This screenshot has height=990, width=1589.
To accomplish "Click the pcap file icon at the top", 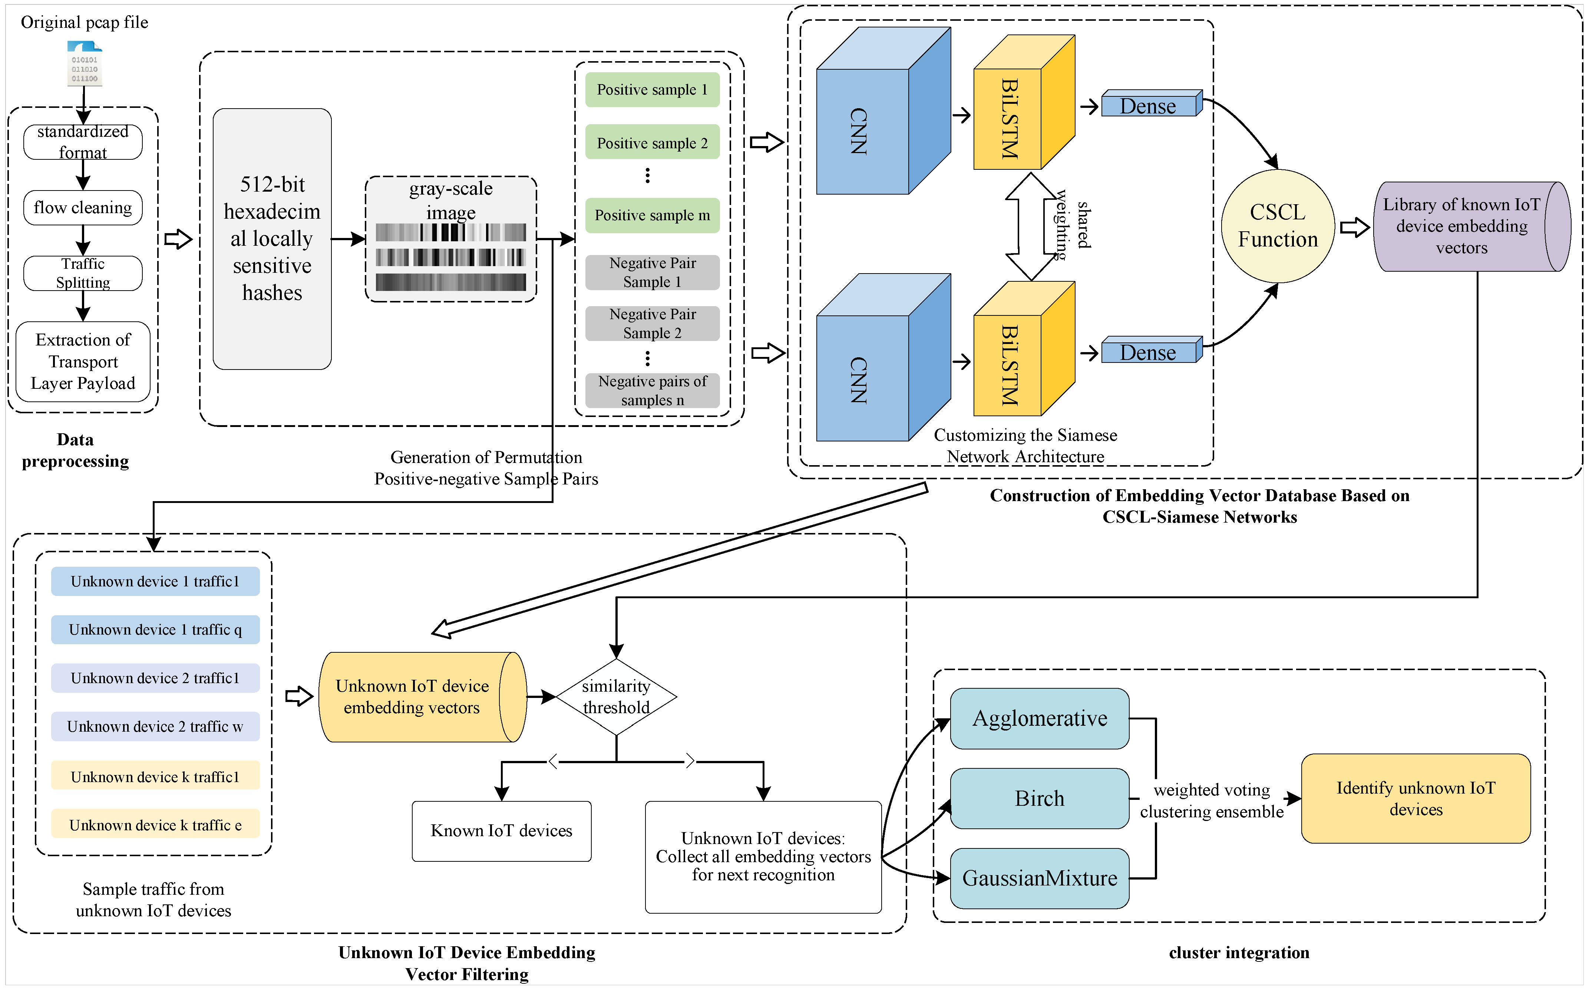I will tap(85, 63).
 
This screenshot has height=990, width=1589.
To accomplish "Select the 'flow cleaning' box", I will tap(83, 208).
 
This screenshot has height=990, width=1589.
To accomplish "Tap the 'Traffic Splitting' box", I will tap(83, 273).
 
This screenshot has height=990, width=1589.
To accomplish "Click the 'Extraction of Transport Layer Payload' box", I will tap(83, 361).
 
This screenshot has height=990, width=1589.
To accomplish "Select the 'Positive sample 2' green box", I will tap(652, 143).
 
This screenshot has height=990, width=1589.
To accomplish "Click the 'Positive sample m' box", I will tap(652, 215).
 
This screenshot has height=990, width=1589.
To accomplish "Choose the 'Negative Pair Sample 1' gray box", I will tap(652, 272).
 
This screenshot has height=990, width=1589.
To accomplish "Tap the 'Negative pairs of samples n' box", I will tap(652, 391).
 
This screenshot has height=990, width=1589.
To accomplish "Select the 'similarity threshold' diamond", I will tap(616, 697).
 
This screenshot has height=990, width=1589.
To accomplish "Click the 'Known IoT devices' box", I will tap(502, 831).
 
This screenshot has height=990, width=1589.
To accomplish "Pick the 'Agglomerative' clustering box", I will tap(1040, 718).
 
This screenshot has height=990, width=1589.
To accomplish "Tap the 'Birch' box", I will tap(1040, 799).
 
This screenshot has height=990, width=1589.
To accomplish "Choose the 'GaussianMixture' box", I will tap(1040, 879).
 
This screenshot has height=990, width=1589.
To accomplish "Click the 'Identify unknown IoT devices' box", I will tap(1415, 799).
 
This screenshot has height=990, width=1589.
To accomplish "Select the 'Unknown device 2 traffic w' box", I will tap(155, 727).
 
